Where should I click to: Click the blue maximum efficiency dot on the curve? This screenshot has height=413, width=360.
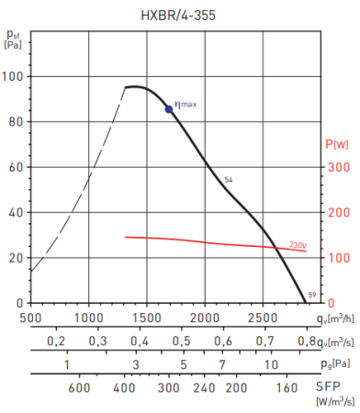click(169, 109)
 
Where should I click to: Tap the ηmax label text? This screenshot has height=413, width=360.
click(186, 104)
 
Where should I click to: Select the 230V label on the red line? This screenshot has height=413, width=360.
click(298, 245)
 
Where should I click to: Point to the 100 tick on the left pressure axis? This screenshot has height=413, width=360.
click(14, 77)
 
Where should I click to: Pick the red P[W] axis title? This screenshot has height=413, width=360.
click(337, 145)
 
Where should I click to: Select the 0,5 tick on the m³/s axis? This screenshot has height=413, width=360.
click(182, 341)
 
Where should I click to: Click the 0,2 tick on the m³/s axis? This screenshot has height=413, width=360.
click(56, 341)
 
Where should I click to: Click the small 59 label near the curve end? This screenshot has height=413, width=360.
click(312, 294)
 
